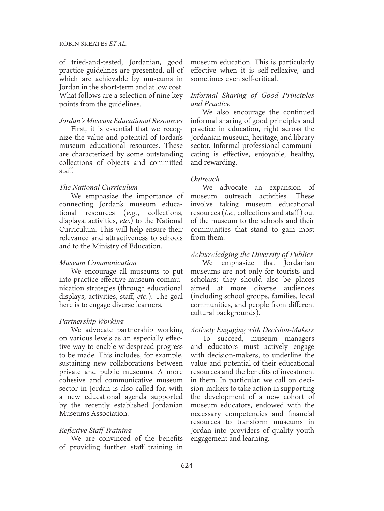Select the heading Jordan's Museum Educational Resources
[x=121, y=121]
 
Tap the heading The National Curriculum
[x=99, y=187]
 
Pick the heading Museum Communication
[x=98, y=263]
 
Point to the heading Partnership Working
[x=91, y=321]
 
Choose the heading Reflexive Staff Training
[x=95, y=430]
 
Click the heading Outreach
[x=205, y=179]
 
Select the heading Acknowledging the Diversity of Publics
[x=252, y=254]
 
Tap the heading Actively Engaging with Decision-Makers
[x=252, y=330]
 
